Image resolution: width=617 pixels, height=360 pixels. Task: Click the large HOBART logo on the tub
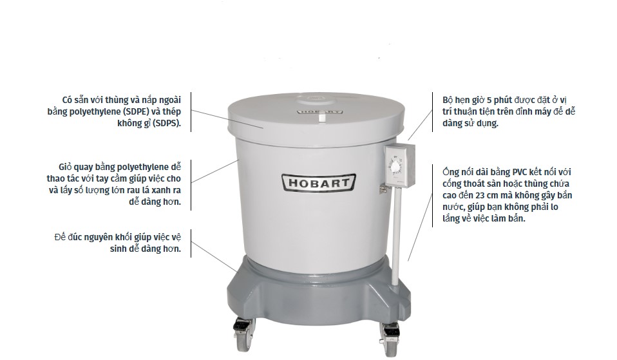[319, 183]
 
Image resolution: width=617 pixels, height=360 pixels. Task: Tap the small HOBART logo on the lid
[319, 111]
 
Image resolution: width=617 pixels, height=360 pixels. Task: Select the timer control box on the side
[399, 166]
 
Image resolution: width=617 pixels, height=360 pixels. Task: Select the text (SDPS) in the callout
[166, 123]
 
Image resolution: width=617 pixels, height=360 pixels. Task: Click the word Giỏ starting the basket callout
[65, 167]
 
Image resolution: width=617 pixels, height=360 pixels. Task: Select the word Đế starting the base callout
[60, 237]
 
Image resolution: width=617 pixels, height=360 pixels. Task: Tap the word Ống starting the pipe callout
[450, 172]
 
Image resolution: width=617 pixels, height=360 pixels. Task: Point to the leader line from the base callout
[214, 256]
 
